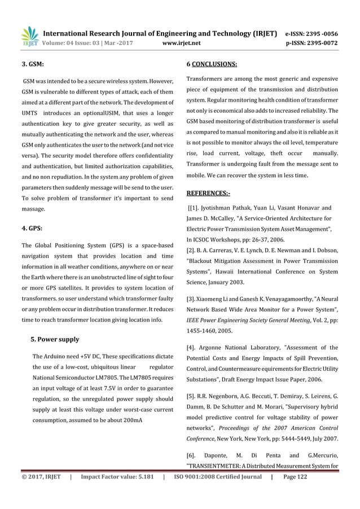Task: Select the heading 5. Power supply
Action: pyautogui.click(x=54, y=339)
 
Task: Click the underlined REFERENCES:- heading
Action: pyautogui.click(x=208, y=193)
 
